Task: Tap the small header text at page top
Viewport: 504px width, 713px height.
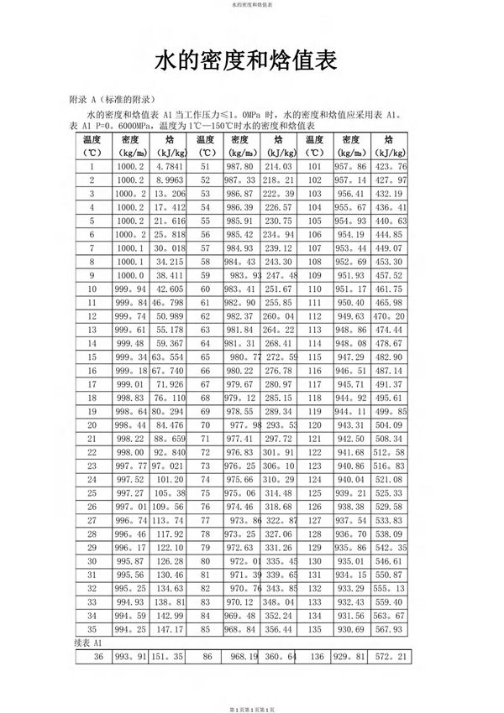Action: [x=251, y=4]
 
